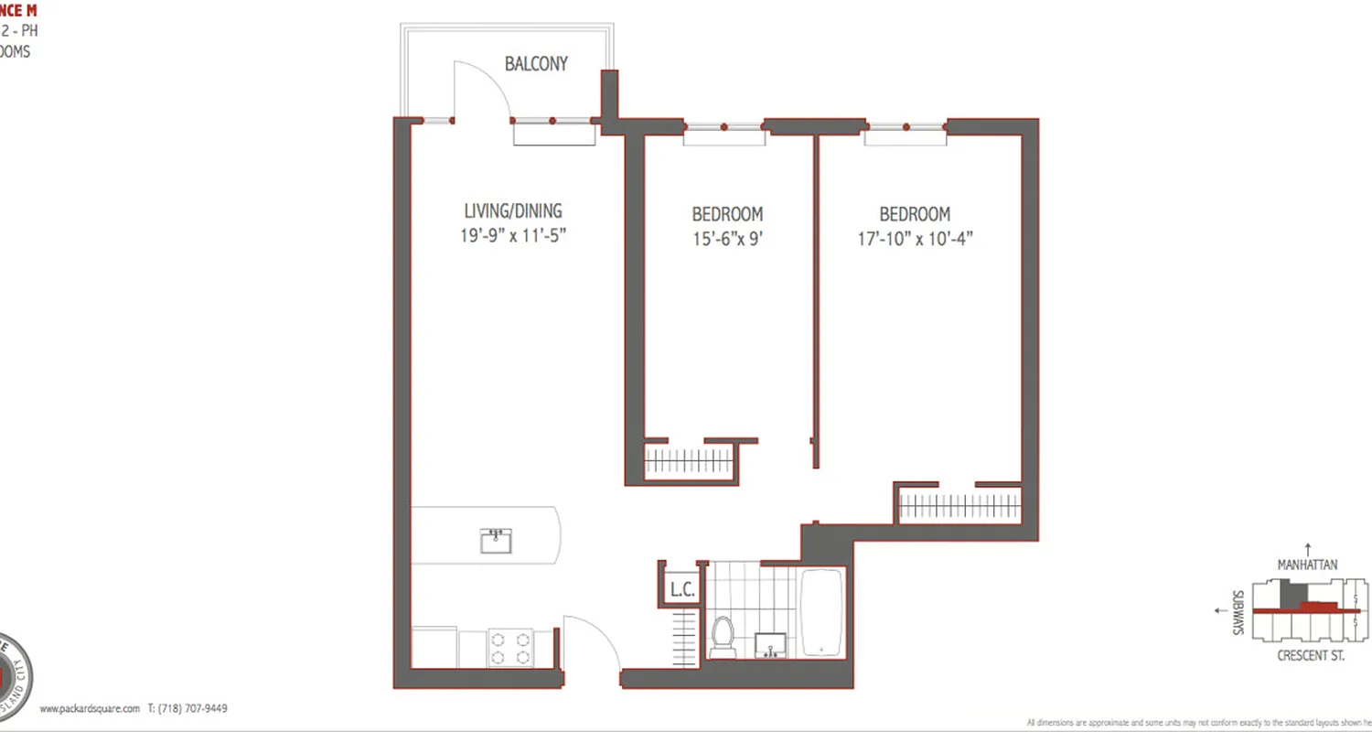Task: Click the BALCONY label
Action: (x=536, y=64)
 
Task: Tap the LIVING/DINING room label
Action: (x=513, y=210)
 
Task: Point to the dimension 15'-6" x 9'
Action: (x=727, y=239)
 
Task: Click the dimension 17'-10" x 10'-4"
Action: (x=915, y=239)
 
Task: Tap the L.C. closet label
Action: (x=682, y=590)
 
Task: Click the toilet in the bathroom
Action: (x=723, y=636)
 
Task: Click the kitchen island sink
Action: (x=496, y=541)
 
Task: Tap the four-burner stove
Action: (x=510, y=647)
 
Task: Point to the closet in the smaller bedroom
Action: (x=691, y=461)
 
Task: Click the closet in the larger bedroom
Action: (x=959, y=505)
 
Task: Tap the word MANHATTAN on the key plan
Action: (x=1307, y=565)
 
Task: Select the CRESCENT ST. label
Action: (x=1310, y=656)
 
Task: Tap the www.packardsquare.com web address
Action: (x=90, y=708)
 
